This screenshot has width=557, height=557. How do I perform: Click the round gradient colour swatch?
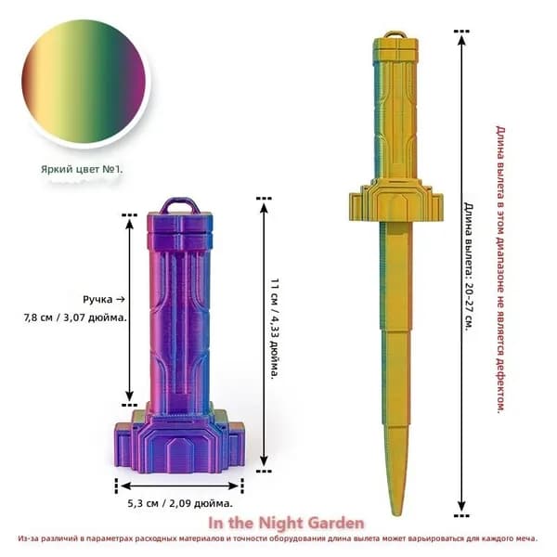[84, 82]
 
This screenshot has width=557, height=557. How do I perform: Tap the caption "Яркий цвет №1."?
[82, 169]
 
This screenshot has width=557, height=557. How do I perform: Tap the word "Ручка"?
[97, 300]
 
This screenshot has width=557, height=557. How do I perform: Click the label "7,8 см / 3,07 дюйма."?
[75, 317]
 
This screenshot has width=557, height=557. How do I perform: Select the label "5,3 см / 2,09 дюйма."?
[180, 503]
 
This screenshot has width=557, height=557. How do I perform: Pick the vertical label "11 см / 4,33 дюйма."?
[275, 329]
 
